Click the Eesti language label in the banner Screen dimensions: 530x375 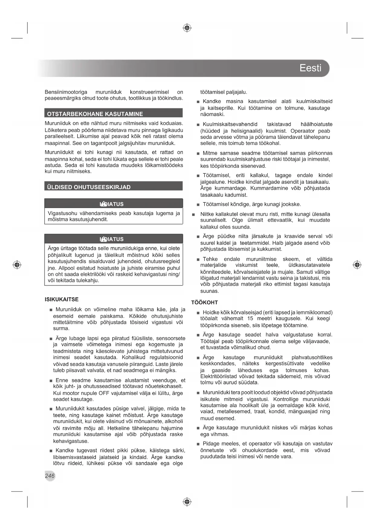tap(310, 68)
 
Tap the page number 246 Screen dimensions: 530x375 tap(50, 476)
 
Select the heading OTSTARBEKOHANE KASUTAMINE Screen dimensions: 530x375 tap(95, 114)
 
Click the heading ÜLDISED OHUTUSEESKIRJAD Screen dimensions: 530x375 tap(89, 187)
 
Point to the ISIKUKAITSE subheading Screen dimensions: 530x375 tap(62, 299)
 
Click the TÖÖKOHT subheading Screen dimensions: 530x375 tap(205, 302)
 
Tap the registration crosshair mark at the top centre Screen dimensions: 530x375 tap(187, 28)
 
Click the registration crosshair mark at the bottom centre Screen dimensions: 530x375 tap(187, 502)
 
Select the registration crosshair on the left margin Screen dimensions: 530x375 tap(17, 265)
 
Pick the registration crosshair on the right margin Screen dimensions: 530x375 tap(357, 265)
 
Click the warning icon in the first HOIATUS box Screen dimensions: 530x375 tap(103, 204)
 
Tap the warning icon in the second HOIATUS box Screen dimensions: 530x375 tap(103, 239)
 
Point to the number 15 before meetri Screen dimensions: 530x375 tap(250, 318)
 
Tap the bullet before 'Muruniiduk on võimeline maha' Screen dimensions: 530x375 tap(51, 310)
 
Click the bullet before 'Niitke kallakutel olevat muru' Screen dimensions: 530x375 tap(193, 215)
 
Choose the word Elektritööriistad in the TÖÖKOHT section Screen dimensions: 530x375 tap(220, 376)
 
